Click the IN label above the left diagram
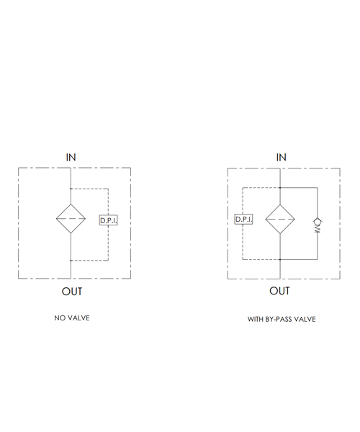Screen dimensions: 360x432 click(x=71, y=157)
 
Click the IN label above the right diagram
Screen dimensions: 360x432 click(x=282, y=157)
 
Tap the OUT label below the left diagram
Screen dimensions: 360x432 click(x=72, y=292)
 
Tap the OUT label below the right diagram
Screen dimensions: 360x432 click(x=279, y=291)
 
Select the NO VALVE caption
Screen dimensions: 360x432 click(x=72, y=318)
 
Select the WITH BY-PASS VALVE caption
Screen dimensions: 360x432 click(x=282, y=319)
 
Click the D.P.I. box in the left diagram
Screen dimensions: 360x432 click(x=109, y=220)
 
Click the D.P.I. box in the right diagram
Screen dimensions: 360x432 click(x=244, y=220)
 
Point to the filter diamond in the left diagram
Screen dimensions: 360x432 click(x=71, y=219)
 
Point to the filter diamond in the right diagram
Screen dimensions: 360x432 click(x=280, y=220)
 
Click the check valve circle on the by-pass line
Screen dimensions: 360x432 click(x=318, y=222)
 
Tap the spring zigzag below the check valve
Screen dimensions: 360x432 click(x=318, y=229)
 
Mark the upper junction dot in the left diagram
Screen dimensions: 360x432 click(x=71, y=189)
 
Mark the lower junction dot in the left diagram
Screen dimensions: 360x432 click(x=71, y=261)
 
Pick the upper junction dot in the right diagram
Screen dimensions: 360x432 click(x=280, y=188)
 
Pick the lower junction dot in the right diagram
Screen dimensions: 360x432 click(x=280, y=259)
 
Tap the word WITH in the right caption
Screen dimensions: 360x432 click(x=256, y=319)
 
